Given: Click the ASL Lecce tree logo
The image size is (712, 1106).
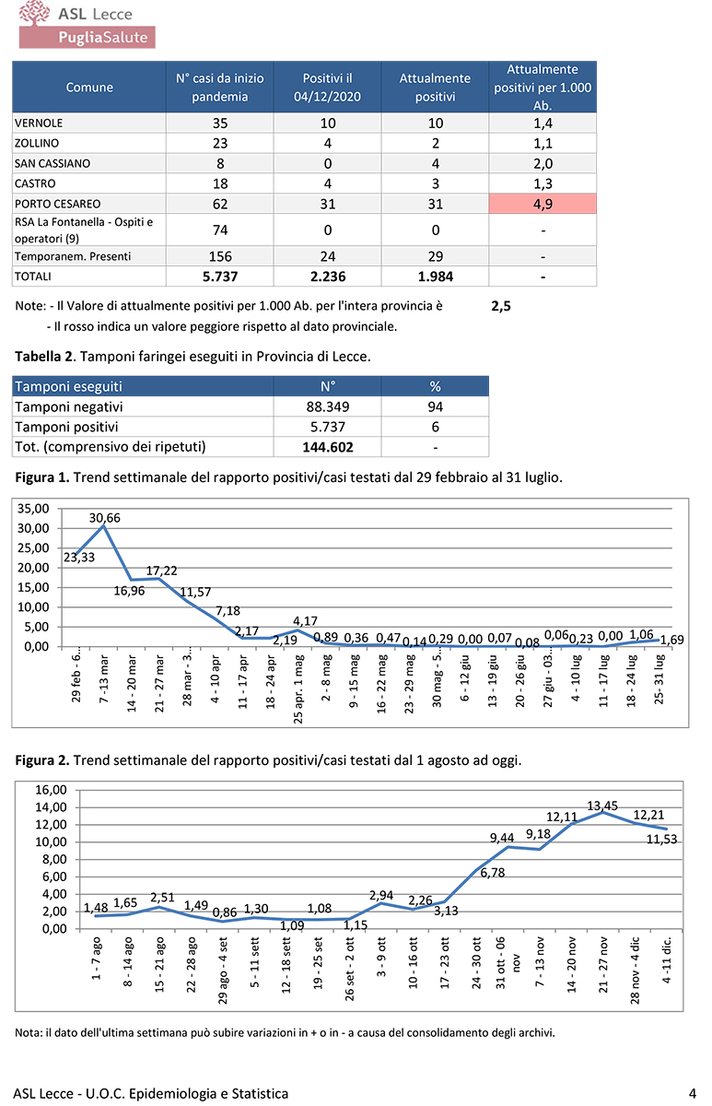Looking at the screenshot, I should tap(34, 13).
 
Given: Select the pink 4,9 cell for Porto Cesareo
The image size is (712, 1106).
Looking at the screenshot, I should tap(543, 203).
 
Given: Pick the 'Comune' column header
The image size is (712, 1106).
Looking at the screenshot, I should tap(89, 88).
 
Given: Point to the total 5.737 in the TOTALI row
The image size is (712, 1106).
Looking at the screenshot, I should tap(219, 276).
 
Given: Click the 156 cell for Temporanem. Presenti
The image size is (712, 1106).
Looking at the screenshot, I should tap(219, 255).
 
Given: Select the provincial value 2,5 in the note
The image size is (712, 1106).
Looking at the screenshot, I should tap(501, 307).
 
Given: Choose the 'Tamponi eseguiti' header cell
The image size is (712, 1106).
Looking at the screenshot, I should tap(69, 386).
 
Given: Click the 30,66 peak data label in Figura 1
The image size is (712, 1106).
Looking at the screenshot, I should tap(105, 518).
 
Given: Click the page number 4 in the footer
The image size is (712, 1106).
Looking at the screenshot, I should tap(692, 1093).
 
